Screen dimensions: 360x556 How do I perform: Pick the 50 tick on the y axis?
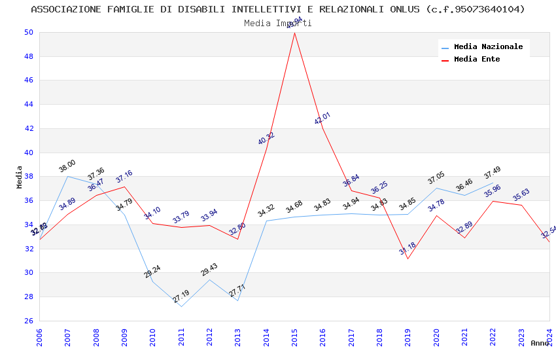[28, 32]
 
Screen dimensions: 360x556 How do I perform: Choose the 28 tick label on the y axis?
[28, 297]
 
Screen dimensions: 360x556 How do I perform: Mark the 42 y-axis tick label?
[28, 128]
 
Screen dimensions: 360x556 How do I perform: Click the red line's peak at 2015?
[294, 33]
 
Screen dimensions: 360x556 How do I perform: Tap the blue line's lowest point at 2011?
[181, 306]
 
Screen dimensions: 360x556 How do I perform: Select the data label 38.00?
[67, 166]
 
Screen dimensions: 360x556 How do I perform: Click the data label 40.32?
[266, 138]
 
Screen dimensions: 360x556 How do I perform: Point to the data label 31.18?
[408, 249]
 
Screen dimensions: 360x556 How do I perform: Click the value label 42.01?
[322, 118]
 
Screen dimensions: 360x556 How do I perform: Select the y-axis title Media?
[20, 177]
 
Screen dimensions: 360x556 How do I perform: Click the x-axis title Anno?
[540, 343]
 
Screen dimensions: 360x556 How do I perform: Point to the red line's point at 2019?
[408, 259]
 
